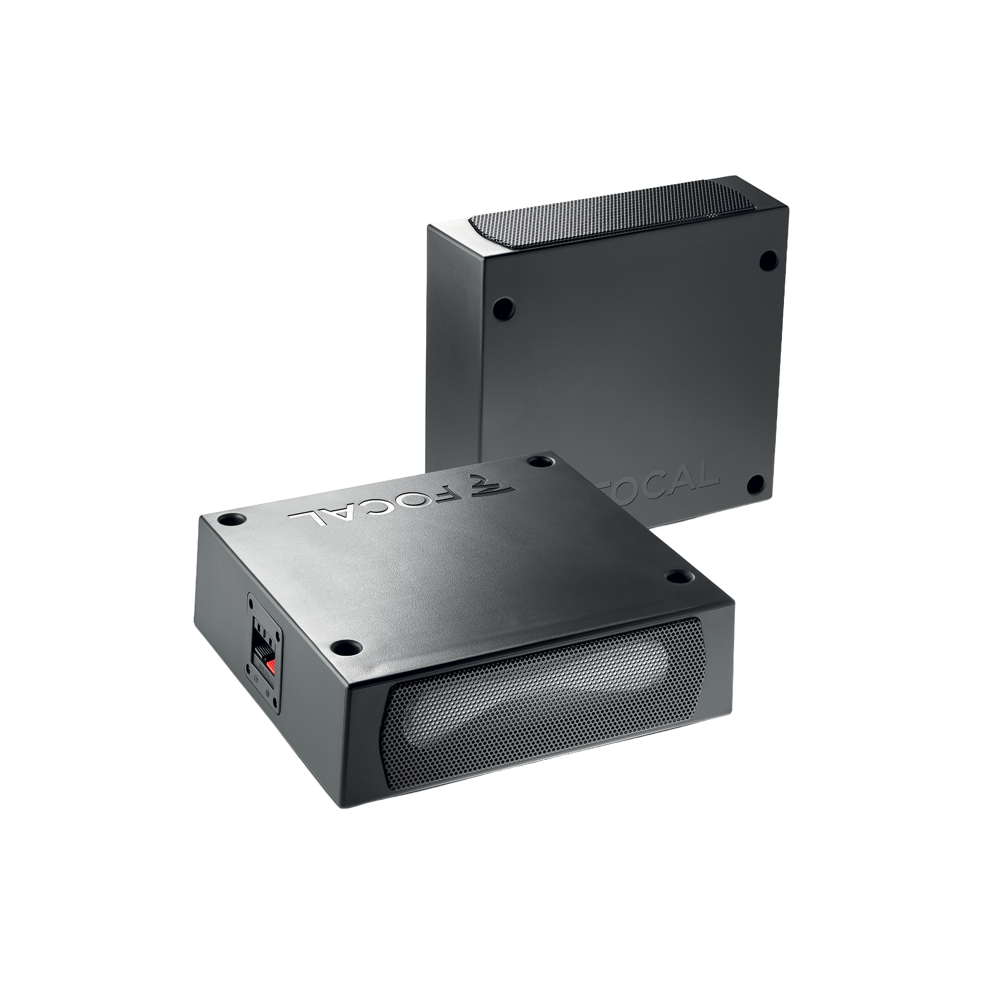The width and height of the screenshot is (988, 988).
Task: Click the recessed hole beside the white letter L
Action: (229, 521)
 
